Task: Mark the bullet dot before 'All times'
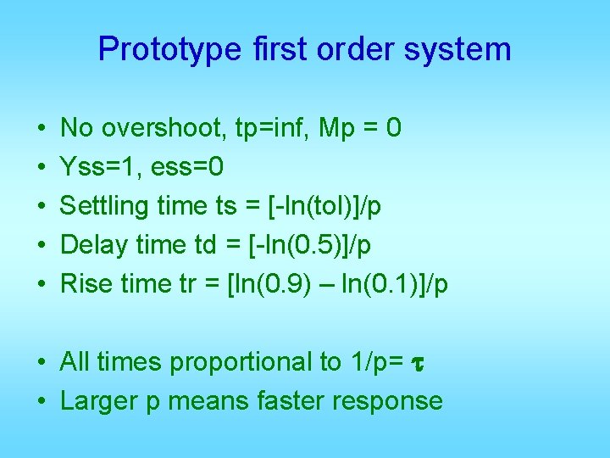click(x=41, y=363)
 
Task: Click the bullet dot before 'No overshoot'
click(x=41, y=129)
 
